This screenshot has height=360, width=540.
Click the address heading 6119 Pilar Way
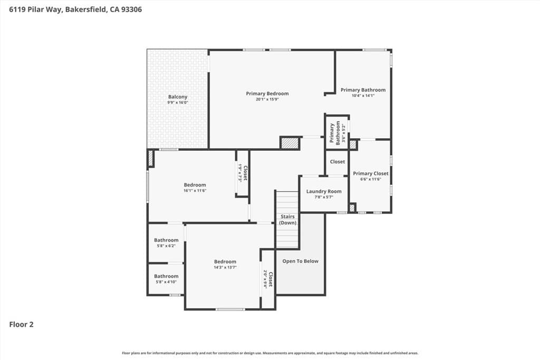tap(75, 9)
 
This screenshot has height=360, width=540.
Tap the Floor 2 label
tap(22, 325)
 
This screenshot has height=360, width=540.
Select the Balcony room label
tap(178, 97)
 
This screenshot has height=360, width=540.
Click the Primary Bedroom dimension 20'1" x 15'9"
tap(267, 99)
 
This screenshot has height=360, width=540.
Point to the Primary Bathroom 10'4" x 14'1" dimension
tap(363, 95)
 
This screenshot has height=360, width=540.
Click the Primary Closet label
tap(370, 173)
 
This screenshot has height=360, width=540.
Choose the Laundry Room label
tap(324, 191)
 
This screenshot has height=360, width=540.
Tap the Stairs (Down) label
tap(287, 220)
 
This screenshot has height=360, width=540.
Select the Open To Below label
tap(300, 261)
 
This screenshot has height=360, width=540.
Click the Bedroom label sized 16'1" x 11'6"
tap(195, 185)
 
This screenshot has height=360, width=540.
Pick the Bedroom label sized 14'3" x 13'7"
tap(225, 261)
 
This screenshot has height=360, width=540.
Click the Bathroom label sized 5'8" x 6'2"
tap(166, 240)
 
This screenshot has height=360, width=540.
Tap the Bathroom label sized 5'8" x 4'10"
tap(166, 276)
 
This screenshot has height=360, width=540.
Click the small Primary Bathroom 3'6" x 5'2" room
tap(337, 133)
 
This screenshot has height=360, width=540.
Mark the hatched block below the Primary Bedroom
tap(290, 143)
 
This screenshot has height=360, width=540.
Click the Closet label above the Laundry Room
tap(337, 162)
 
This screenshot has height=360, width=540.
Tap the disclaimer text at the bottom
tap(270, 353)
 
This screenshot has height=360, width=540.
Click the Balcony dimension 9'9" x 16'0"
tap(178, 102)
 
